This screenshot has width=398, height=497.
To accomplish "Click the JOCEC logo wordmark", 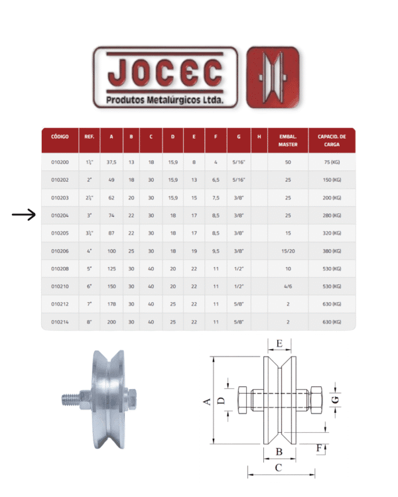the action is point(165,73).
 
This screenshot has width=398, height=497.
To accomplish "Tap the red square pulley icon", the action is point(273,78).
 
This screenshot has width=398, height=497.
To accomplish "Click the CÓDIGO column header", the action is point(60,137).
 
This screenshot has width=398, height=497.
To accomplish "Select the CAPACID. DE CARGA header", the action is point(332,140).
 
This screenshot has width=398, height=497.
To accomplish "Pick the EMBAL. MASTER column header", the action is point(288,140).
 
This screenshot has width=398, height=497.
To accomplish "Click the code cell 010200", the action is point(60,162).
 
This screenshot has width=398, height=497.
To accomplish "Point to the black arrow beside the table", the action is point(24,215).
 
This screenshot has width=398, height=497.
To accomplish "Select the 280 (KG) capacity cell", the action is point(332,215).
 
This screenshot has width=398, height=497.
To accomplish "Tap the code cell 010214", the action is point(60,321).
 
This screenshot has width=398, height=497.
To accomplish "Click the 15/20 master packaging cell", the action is point(288,250).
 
